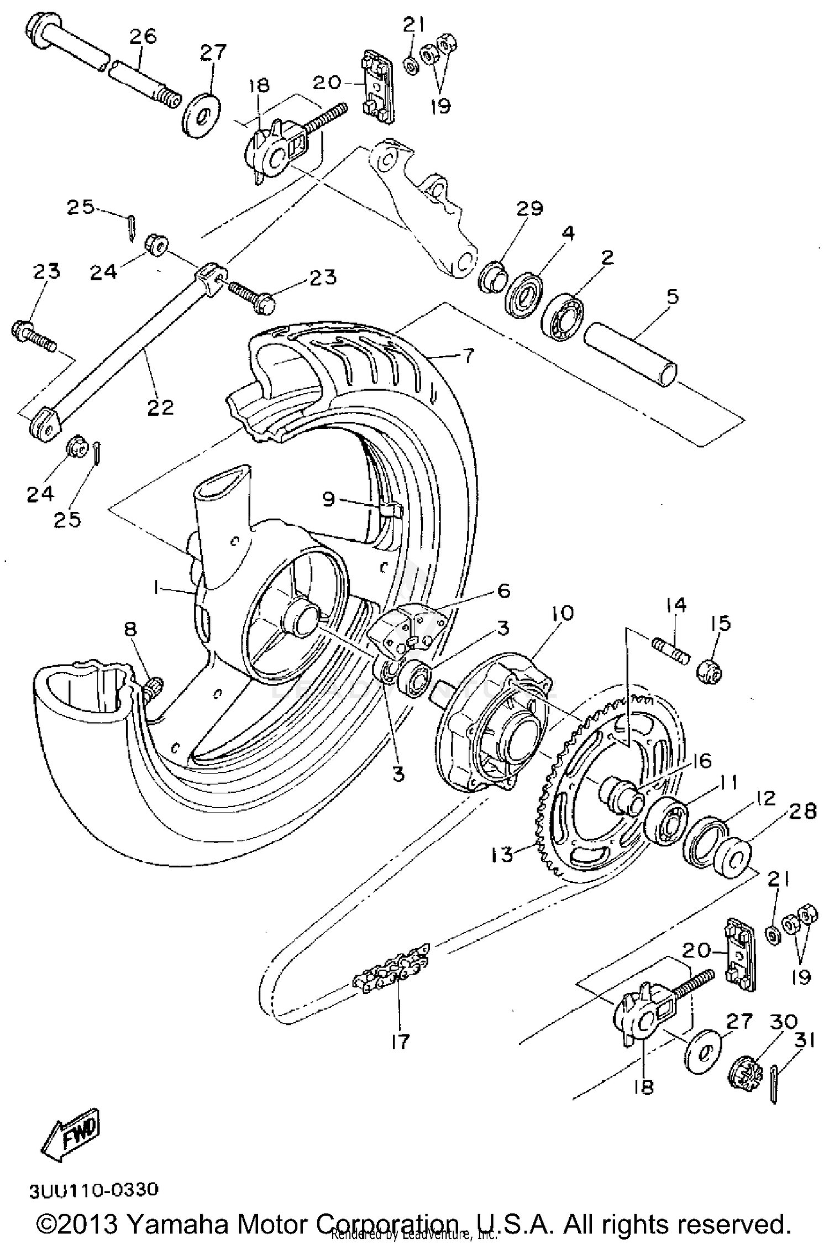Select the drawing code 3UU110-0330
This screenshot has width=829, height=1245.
coord(94,1190)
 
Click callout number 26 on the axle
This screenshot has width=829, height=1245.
coord(143,36)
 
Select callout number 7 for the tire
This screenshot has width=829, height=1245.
coord(468,355)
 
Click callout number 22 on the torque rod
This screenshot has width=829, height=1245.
coord(160,407)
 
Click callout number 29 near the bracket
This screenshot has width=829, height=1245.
coord(529,208)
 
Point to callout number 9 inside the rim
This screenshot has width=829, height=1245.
coord(329,499)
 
